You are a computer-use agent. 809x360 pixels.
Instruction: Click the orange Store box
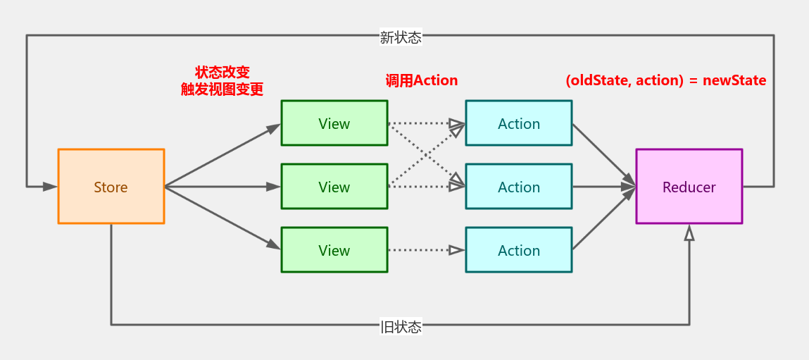tap(111, 187)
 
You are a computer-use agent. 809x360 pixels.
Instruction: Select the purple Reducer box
tap(689, 187)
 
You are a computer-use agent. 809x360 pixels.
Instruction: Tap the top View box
tap(334, 123)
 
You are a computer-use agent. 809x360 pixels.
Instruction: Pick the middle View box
tap(334, 187)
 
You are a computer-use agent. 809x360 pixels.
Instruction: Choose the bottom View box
tap(334, 250)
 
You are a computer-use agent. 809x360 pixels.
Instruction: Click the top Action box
tap(518, 123)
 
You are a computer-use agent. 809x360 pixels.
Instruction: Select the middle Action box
tap(518, 187)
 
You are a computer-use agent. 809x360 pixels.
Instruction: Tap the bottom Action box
tap(518, 250)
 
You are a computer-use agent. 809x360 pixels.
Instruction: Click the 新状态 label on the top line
tap(401, 37)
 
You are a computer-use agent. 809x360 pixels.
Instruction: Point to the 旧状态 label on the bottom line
tap(401, 326)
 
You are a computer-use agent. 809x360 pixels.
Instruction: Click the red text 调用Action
tap(422, 80)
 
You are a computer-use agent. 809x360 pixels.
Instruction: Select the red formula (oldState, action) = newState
tap(665, 80)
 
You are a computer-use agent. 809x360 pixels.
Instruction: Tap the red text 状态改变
tap(222, 73)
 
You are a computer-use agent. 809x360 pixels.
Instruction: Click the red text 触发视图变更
tap(222, 89)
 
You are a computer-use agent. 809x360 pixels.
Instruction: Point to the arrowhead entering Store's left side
tap(49, 187)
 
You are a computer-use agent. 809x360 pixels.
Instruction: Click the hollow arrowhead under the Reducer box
tap(689, 233)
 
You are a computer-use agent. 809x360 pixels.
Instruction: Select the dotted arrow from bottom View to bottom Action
tap(422, 250)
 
